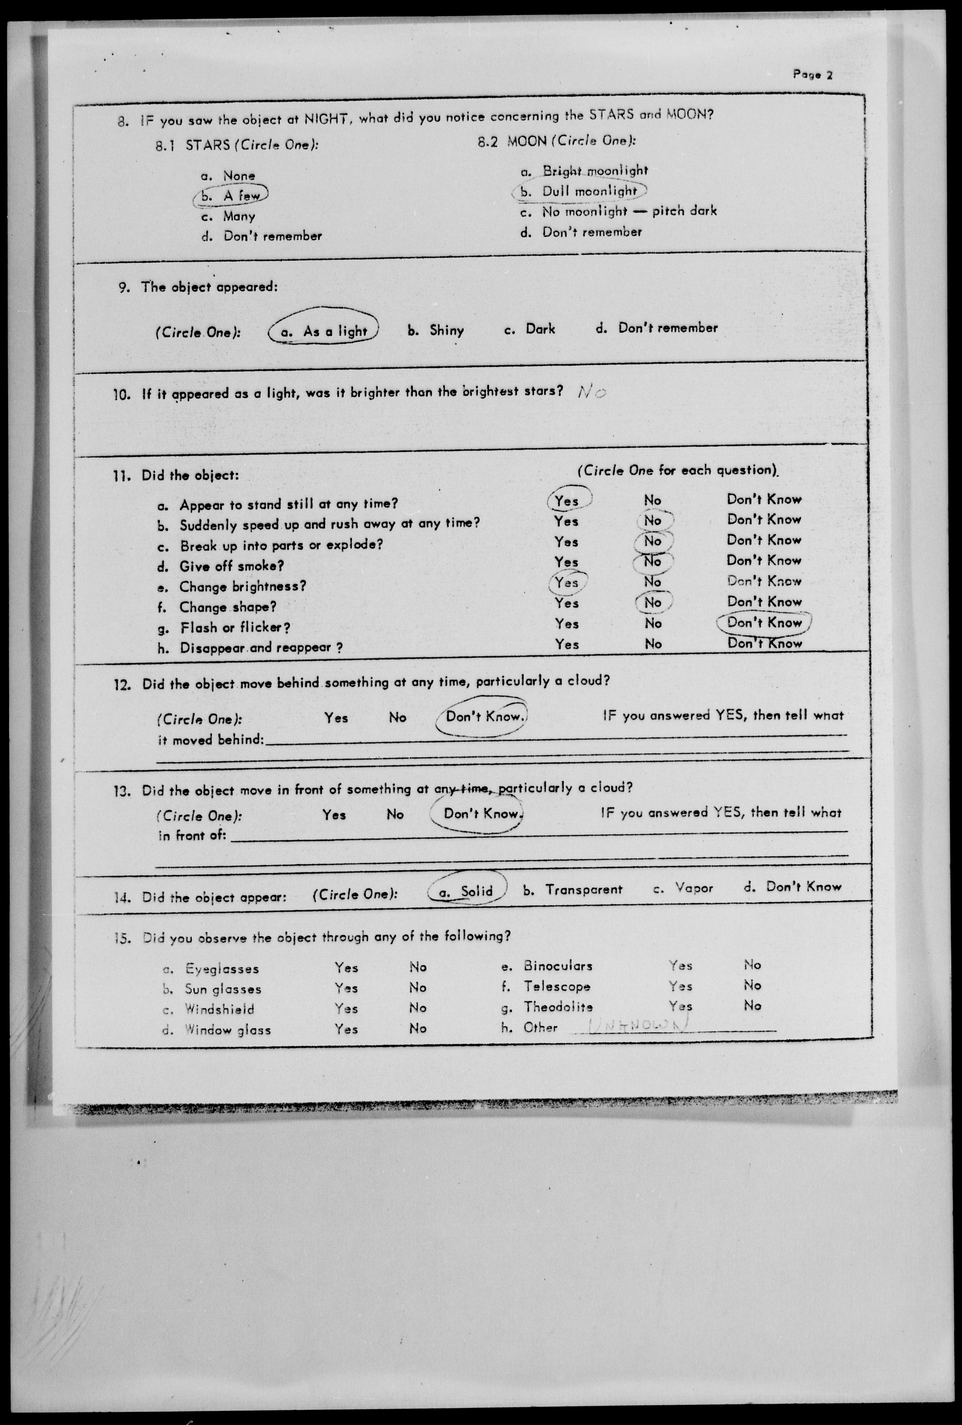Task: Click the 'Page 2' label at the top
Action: (812, 75)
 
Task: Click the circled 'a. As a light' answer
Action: (324, 331)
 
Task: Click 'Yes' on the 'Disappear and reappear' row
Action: (567, 644)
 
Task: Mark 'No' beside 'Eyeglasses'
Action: (418, 967)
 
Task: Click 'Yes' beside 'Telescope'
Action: (680, 986)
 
